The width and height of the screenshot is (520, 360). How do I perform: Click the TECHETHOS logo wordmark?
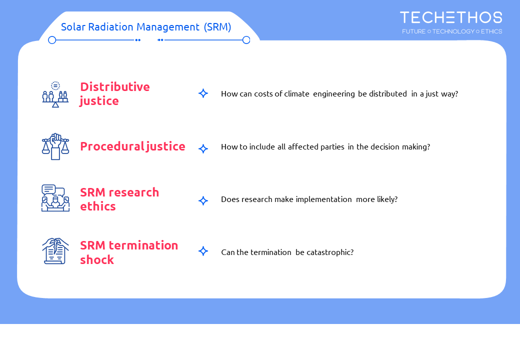coord(451,17)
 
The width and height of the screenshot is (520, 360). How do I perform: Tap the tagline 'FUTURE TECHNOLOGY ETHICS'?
coord(452,31)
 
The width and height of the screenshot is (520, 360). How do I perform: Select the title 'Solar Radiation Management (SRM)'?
coord(146,27)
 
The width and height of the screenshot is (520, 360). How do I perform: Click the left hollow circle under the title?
coord(52,40)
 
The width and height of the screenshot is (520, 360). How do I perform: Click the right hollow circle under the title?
coord(246,40)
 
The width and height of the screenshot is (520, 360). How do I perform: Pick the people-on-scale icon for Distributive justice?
coord(55,94)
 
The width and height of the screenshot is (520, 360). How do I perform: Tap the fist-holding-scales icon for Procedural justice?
coord(55,146)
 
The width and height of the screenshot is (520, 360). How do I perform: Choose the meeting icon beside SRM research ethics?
coord(55,198)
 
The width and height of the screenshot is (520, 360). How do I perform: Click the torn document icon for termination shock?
coord(55,251)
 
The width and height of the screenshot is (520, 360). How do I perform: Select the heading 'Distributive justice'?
coord(114,94)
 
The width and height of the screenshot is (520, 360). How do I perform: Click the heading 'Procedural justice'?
coord(132,146)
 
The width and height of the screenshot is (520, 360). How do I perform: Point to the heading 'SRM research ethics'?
coord(119,199)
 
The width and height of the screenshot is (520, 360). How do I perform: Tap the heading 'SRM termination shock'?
coord(129,252)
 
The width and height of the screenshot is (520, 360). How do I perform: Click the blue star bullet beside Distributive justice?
coord(203,93)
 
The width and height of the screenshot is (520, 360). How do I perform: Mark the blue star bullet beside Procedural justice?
coord(203,148)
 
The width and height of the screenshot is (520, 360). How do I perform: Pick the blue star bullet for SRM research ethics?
coord(203,200)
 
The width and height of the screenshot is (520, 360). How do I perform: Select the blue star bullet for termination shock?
coord(203,251)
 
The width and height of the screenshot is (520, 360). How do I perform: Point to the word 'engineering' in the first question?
coord(334,94)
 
